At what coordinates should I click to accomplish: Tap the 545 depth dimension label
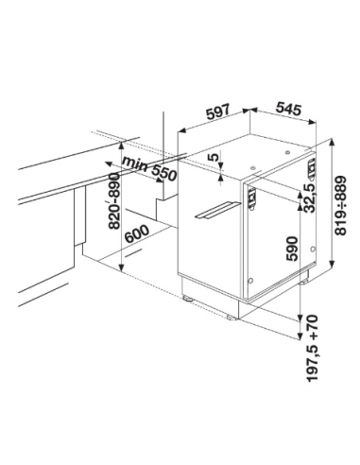click(288, 109)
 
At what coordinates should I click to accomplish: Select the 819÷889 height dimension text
click(340, 206)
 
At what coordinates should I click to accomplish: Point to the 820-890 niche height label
click(113, 200)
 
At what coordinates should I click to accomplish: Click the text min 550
click(149, 169)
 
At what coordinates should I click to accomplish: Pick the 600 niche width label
click(137, 234)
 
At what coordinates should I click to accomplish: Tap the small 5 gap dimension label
click(214, 157)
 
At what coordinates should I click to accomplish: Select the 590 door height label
click(292, 249)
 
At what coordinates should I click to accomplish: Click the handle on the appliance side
click(217, 210)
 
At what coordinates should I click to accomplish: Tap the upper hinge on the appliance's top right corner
click(312, 169)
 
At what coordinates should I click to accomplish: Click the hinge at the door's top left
click(252, 199)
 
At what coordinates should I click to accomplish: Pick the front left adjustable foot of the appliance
click(188, 299)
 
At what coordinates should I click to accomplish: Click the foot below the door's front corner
click(232, 317)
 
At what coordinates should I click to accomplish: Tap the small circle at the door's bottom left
click(251, 280)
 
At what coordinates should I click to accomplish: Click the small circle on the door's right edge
click(313, 249)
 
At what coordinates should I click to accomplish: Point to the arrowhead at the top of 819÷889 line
click(332, 142)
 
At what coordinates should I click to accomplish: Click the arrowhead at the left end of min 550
click(108, 164)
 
